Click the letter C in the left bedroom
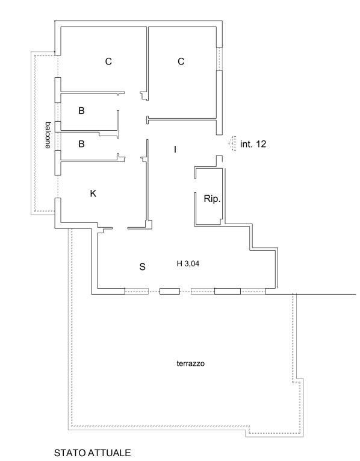[108, 61]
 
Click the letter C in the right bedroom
[181, 61]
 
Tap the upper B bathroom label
[82, 110]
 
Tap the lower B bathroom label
[82, 144]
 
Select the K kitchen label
[93, 193]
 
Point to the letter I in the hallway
[175, 149]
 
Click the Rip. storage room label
[212, 199]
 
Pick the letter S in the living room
[142, 267]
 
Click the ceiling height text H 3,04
[188, 264]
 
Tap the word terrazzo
[191, 363]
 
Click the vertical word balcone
[48, 135]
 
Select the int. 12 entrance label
[253, 144]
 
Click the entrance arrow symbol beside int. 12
[232, 144]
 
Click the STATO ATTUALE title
[93, 453]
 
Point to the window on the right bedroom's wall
[219, 59]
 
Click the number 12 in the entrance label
[261, 144]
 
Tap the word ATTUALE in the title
[108, 453]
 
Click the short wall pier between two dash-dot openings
[170, 291]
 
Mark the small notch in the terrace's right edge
[298, 380]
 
